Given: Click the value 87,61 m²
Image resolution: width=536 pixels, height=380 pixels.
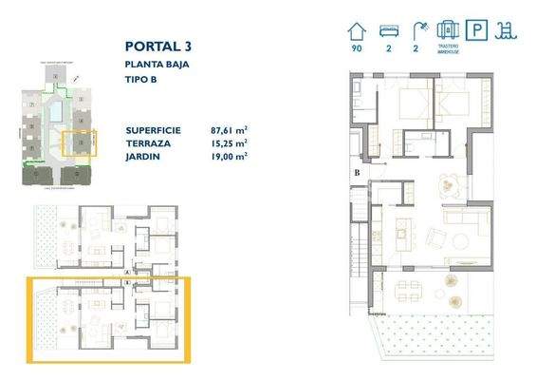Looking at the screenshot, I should (229, 129).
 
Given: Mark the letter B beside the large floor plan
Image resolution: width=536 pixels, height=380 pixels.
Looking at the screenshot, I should (357, 173).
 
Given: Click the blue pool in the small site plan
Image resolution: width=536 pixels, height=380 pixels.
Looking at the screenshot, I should (57, 112).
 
